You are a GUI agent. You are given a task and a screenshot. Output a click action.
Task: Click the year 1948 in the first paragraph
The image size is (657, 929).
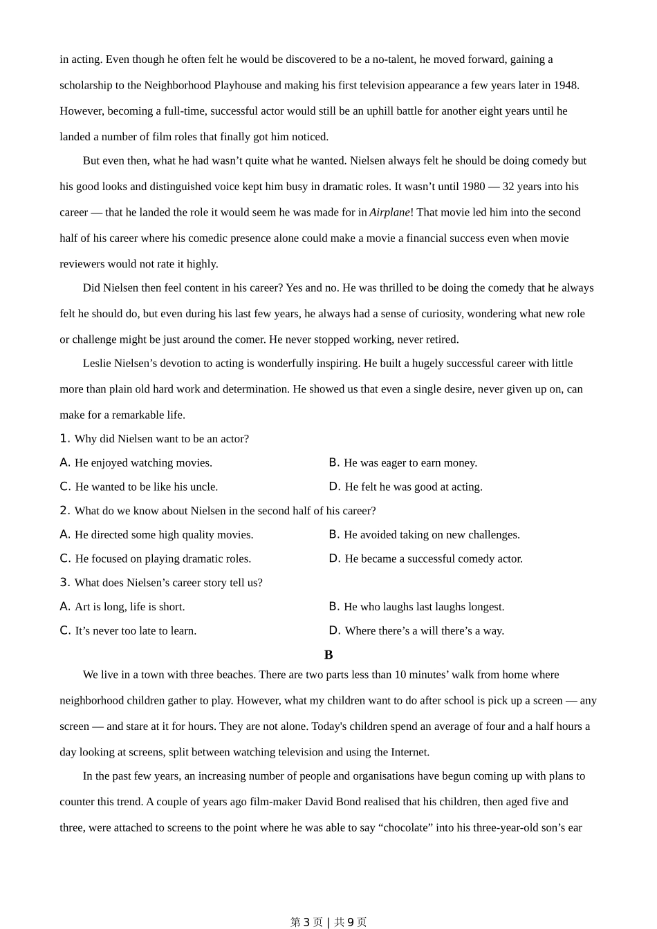pyautogui.click(x=565, y=85)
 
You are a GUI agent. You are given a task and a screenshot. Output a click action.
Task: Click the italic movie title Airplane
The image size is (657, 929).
pyautogui.click(x=389, y=212)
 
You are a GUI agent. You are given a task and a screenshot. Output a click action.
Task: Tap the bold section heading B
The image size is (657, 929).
pyautogui.click(x=328, y=655)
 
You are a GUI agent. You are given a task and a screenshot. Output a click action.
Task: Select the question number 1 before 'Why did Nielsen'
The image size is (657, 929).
pyautogui.click(x=64, y=439)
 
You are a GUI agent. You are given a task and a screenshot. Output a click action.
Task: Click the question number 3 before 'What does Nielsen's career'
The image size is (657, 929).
pyautogui.click(x=64, y=583)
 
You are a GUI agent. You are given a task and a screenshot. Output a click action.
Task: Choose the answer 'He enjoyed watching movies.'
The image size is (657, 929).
pyautogui.click(x=143, y=463)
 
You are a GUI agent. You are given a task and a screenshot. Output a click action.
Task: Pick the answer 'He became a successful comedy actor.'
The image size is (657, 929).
pyautogui.click(x=434, y=559)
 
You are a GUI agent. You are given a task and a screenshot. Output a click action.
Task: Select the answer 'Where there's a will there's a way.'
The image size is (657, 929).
pyautogui.click(x=424, y=630)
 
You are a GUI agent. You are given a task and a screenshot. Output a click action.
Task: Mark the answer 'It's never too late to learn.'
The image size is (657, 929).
pyautogui.click(x=136, y=630)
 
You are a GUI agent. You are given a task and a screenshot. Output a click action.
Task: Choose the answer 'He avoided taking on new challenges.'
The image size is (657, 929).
pyautogui.click(x=432, y=535)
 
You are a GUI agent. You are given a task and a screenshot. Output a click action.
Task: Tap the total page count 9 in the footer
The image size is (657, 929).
pyautogui.click(x=351, y=922)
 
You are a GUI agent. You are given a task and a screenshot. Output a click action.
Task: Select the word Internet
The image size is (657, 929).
pyautogui.click(x=409, y=752)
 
